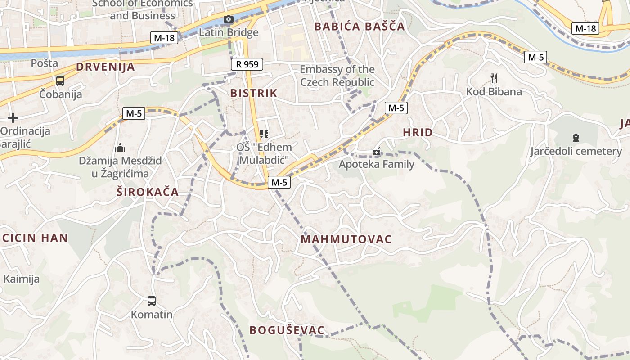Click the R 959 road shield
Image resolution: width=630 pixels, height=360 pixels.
(x=247, y=64)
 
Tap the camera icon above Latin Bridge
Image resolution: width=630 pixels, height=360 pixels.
(x=229, y=19)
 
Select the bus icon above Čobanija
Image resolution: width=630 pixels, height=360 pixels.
(x=60, y=81)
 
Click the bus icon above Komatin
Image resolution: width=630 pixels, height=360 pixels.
(x=152, y=301)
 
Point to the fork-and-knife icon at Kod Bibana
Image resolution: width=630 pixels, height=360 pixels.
(x=494, y=78)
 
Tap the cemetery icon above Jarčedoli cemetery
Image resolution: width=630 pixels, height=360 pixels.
(x=576, y=137)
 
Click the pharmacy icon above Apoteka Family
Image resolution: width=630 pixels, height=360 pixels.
(x=377, y=152)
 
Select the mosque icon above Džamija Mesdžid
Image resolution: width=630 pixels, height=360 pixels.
(x=120, y=147)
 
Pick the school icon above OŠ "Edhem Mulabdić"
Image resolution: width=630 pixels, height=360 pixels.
(x=264, y=134)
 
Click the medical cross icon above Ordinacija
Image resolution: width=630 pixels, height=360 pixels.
(x=13, y=118)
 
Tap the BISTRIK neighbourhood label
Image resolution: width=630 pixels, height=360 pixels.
(x=254, y=93)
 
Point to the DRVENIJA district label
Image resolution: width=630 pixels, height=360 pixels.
(x=105, y=67)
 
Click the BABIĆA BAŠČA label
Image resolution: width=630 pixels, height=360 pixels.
(x=360, y=26)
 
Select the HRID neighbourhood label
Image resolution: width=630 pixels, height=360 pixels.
(x=418, y=132)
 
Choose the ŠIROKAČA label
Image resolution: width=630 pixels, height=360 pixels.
(x=148, y=192)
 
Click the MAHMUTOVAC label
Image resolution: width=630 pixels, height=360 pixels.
(x=346, y=239)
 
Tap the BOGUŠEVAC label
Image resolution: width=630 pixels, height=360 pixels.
(x=287, y=330)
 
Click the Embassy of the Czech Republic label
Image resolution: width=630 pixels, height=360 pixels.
(x=337, y=76)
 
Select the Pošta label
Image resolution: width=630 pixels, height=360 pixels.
(x=45, y=63)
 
